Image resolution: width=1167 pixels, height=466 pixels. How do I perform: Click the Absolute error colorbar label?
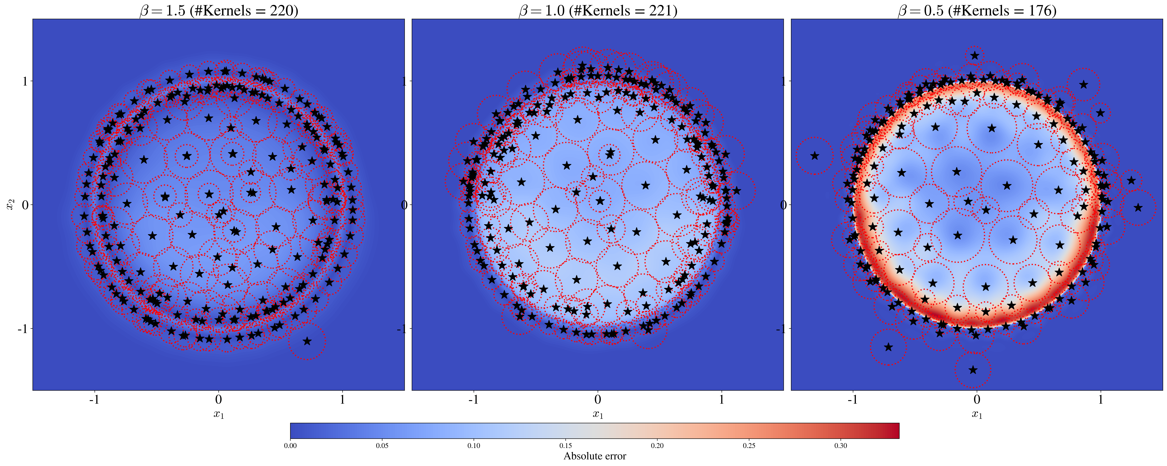(594, 456)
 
